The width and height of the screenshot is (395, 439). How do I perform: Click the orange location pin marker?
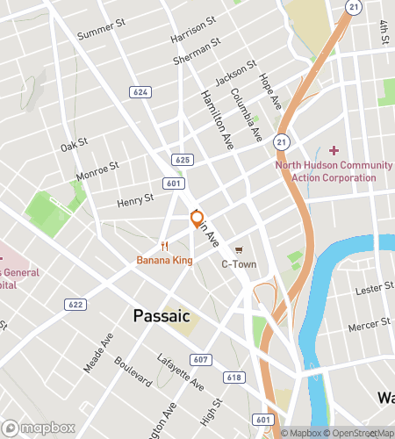(197, 219)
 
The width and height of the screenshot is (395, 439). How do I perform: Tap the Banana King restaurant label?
(164, 260)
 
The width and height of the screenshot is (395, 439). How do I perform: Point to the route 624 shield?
(140, 91)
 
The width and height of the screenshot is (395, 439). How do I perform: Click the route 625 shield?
(183, 159)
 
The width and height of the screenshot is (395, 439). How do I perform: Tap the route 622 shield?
(75, 304)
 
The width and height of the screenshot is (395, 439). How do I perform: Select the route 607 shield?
(201, 359)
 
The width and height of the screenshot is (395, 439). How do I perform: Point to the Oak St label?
(75, 141)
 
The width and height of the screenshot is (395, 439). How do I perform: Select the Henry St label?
(135, 202)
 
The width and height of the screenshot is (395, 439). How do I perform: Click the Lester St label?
(375, 288)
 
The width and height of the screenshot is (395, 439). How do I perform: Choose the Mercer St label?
(371, 324)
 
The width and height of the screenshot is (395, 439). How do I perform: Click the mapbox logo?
(37, 428)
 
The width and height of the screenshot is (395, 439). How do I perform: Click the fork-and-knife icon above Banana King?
(164, 246)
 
